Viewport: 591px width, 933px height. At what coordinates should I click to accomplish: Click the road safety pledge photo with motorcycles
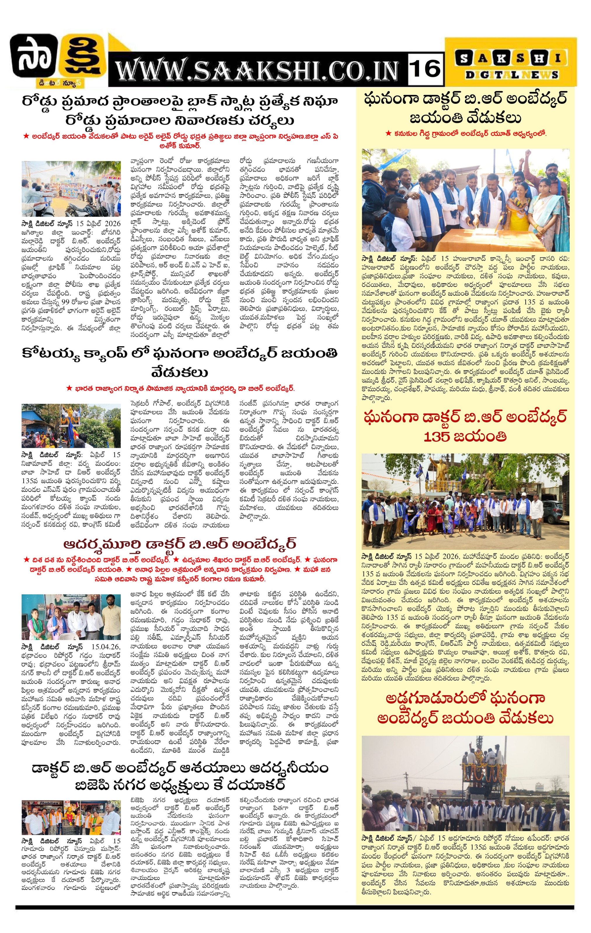71,189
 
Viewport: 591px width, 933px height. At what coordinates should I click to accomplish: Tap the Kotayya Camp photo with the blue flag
71,426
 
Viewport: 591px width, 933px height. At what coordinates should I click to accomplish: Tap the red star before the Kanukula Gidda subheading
388,133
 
